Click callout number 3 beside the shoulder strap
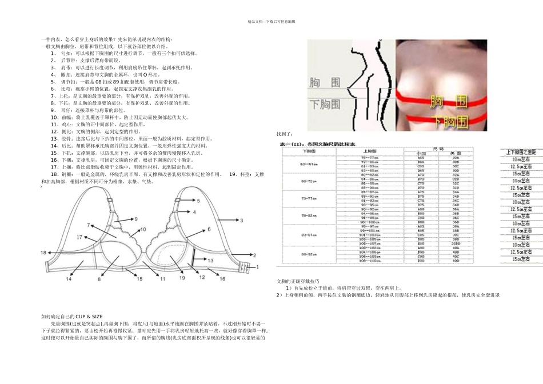[x=241, y=220]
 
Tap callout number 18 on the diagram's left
[x=43, y=253]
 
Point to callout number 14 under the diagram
[x=69, y=279]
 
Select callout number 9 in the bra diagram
[x=136, y=219]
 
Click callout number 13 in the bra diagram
[x=210, y=261]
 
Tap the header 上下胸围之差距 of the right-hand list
[x=521, y=152]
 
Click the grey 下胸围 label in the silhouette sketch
[x=325, y=105]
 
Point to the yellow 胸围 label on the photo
[x=447, y=102]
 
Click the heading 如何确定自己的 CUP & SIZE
[x=72, y=316]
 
